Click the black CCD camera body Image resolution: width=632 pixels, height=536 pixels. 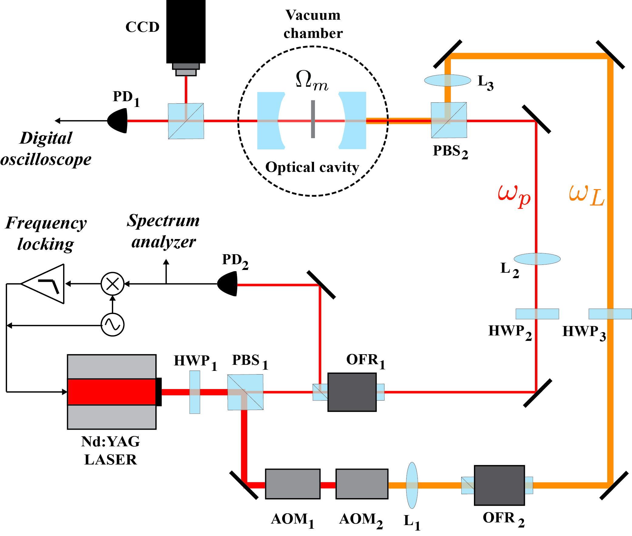click(186, 30)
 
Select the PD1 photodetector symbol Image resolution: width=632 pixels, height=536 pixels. click(118, 121)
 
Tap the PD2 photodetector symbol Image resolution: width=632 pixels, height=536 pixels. click(228, 284)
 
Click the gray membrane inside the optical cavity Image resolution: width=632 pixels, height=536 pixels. click(313, 119)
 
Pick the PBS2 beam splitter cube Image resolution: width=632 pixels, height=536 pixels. click(448, 120)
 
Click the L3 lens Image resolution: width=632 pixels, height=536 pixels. click(447, 80)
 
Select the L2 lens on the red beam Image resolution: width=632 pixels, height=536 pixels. click(537, 259)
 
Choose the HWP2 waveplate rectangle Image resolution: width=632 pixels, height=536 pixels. click(537, 314)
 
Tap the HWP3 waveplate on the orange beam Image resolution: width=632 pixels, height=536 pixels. click(610, 314)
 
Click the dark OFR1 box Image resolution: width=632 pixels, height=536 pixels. click(352, 392)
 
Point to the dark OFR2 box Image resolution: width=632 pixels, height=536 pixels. click(499, 485)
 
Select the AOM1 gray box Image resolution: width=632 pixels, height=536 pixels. click(292, 484)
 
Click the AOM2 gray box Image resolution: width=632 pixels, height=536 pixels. click(361, 484)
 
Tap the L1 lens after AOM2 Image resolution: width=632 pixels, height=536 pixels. click(412, 485)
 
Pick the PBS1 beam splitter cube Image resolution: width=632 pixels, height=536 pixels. click(245, 392)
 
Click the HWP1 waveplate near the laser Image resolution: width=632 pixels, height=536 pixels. click(194, 392)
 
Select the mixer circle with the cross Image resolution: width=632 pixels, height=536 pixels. click(112, 284)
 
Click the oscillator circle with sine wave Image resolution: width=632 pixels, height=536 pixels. click(112, 325)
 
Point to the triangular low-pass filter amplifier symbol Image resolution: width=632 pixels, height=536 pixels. click(46, 284)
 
